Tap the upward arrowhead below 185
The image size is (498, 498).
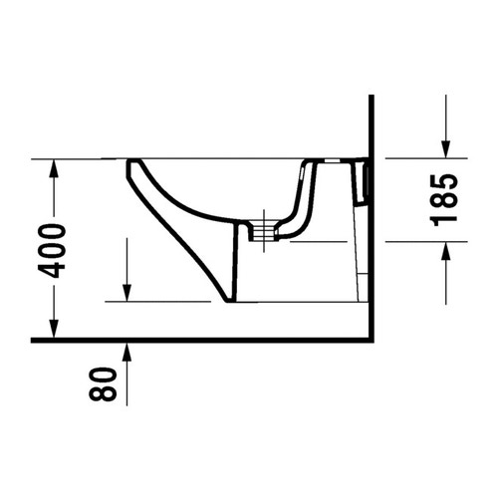tap(445, 250)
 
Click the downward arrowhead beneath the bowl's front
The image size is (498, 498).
tap(127, 293)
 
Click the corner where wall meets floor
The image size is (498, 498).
tap(371, 340)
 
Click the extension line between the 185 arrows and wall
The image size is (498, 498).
tap(408, 157)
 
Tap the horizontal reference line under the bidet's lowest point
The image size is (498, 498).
tap(159, 302)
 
